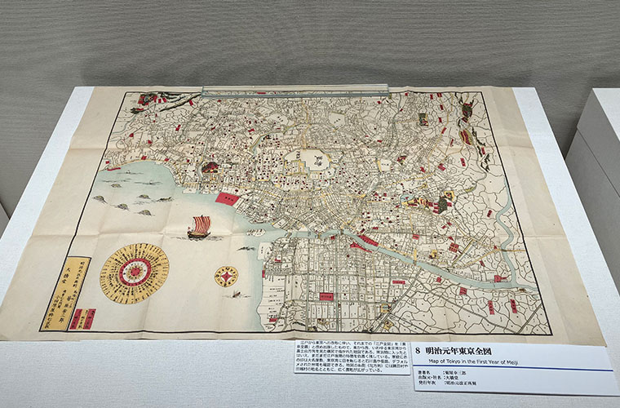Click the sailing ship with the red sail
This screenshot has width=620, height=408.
(x=199, y=226)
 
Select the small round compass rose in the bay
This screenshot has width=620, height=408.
(x=226, y=277)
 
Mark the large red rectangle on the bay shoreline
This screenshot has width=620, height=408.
(x=226, y=197)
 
